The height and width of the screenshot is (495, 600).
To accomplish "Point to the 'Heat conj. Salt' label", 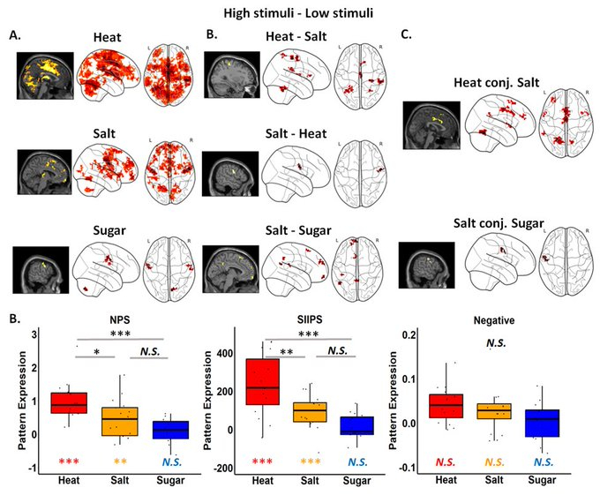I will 485,80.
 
